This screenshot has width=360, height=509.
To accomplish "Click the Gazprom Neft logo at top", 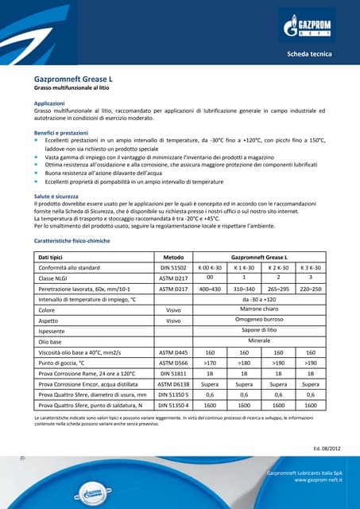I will tap(309, 29).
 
